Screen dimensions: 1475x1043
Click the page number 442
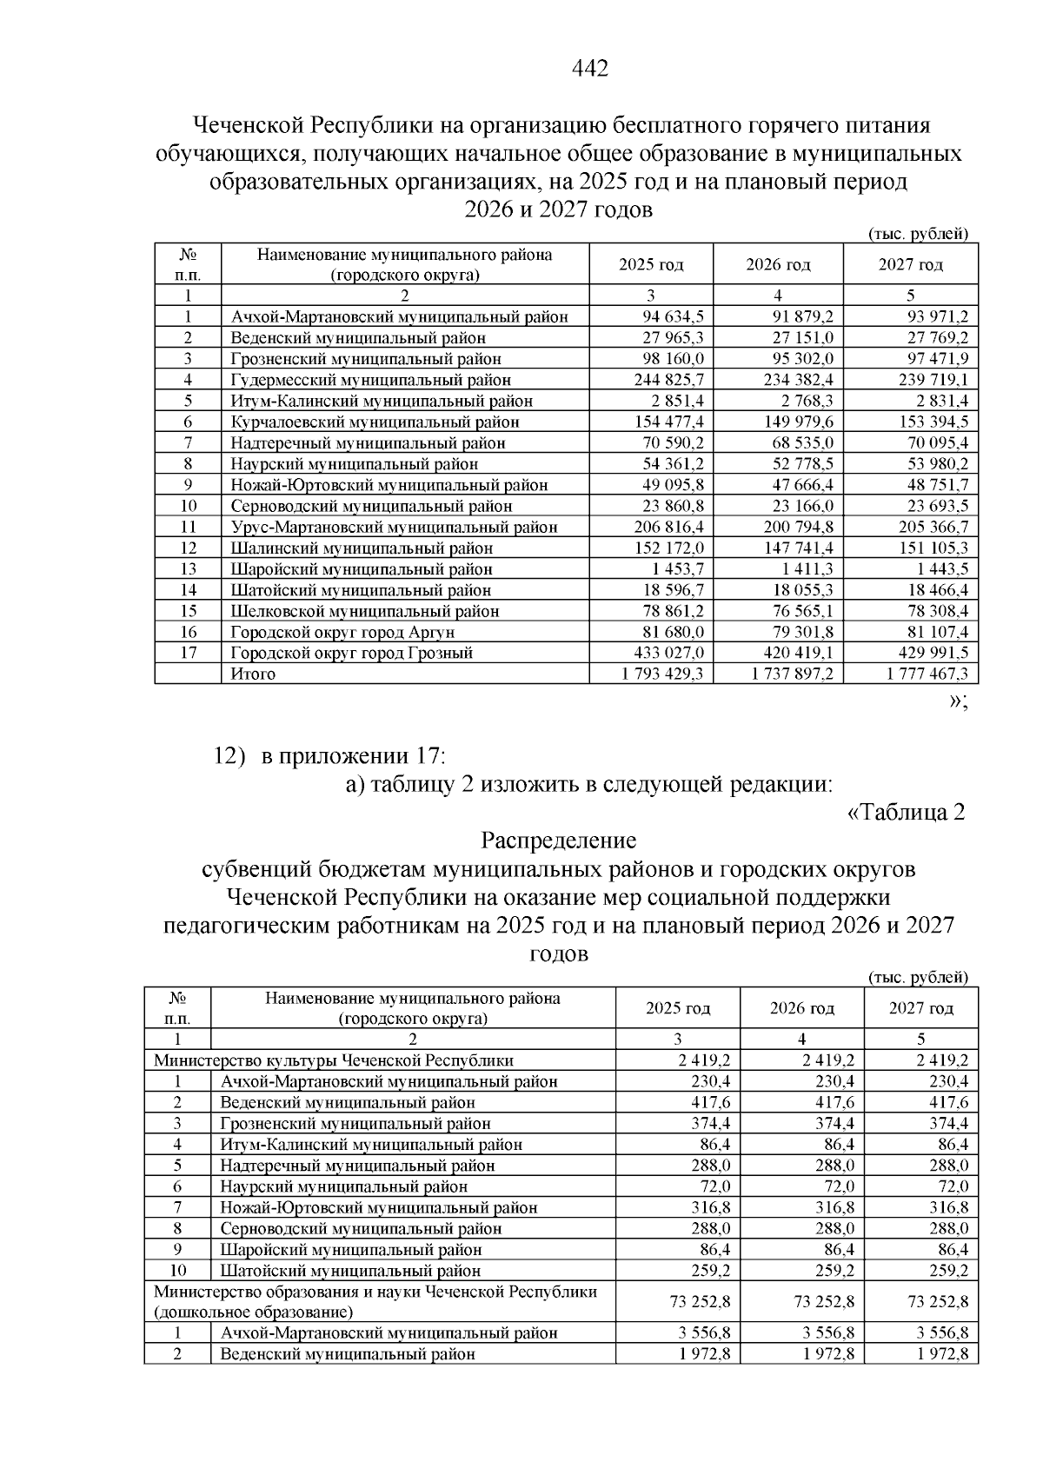point(590,69)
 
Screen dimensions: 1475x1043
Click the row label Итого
point(253,674)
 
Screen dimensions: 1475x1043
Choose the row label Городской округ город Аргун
point(342,632)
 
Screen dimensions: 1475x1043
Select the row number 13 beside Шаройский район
point(188,569)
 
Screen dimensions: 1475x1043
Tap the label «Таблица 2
point(905,813)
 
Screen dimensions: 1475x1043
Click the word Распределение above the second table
point(558,841)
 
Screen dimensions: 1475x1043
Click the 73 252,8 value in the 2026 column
point(824,1302)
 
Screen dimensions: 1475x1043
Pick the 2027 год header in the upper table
point(910,264)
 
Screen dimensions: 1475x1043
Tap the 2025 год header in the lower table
point(677,1008)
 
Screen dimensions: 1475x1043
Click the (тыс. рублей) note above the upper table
point(918,233)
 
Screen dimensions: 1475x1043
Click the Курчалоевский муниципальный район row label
point(375,422)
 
